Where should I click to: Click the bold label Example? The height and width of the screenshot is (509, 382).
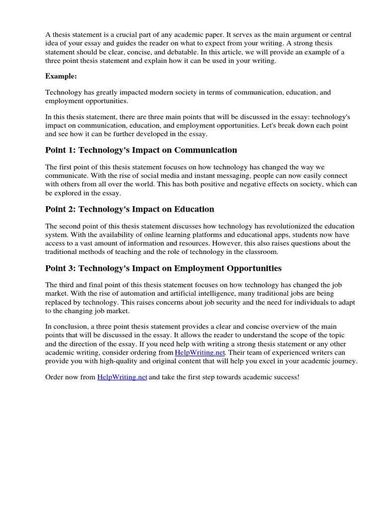tap(61, 76)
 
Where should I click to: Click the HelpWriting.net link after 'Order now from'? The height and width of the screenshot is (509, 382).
tap(122, 377)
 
